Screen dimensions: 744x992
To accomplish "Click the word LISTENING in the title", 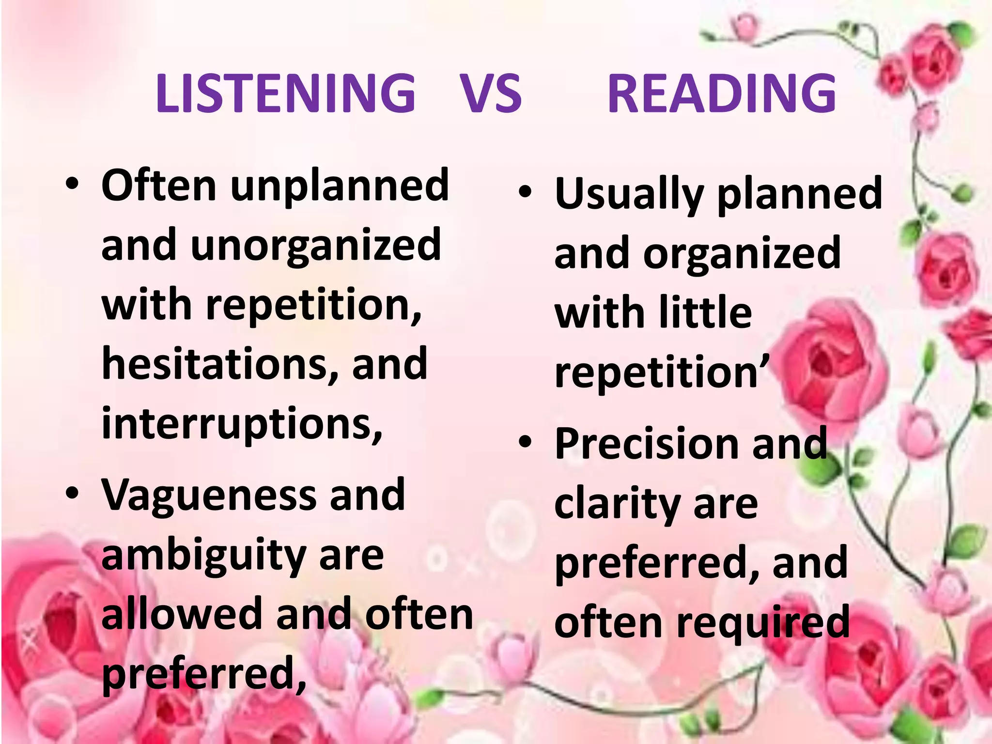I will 285,93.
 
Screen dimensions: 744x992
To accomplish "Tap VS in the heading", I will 491,93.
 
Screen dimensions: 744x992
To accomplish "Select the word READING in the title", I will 722,93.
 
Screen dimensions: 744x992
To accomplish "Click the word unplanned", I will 340,186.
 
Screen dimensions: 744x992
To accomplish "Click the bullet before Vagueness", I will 72,494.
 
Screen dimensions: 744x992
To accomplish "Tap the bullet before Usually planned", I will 525,192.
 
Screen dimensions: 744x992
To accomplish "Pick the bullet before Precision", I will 525,442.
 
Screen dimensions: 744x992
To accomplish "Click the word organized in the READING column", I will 742,254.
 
